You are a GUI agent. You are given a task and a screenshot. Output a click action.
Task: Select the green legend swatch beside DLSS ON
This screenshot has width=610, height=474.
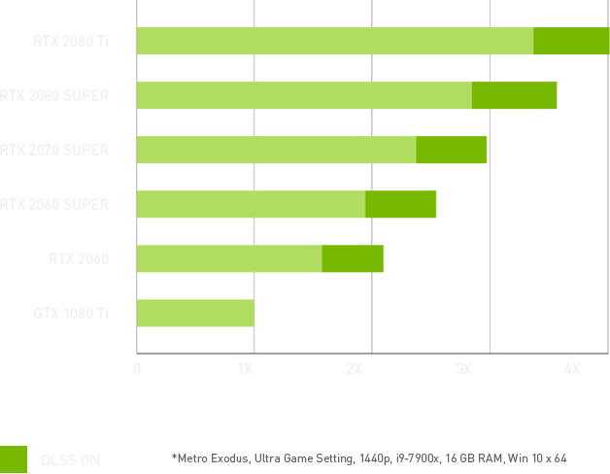point(15,459)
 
